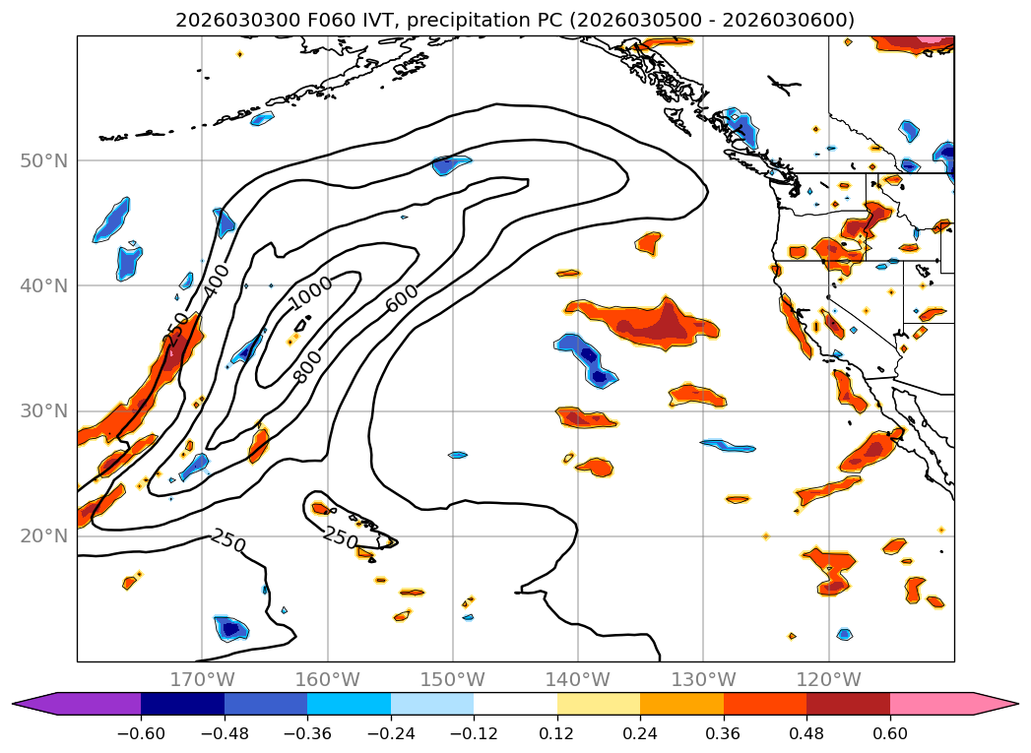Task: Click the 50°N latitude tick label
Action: (43, 160)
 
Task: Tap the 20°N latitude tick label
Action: (43, 536)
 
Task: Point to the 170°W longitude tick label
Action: (202, 679)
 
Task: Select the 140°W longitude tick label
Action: (578, 679)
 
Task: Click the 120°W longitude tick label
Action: (828, 679)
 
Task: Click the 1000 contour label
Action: (311, 291)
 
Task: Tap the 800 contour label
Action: (308, 366)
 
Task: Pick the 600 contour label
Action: (402, 298)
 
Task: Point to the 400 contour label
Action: (216, 282)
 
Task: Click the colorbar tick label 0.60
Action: (890, 733)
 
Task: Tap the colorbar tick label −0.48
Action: (224, 733)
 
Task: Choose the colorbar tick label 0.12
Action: (557, 733)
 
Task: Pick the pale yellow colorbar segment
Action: (599, 703)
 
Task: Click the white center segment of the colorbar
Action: (515, 703)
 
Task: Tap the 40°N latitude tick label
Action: (43, 285)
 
